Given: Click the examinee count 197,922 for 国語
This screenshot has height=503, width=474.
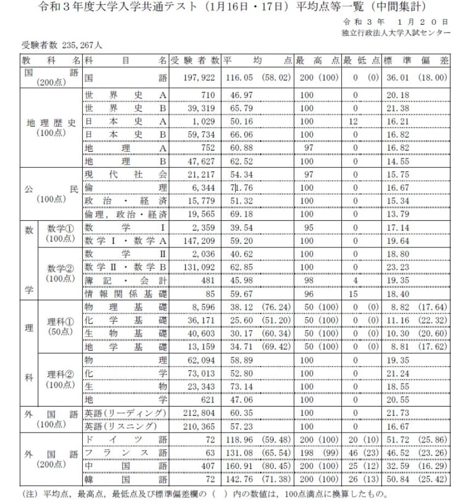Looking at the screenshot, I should [202, 78].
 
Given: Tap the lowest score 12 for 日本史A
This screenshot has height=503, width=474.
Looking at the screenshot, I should [355, 122].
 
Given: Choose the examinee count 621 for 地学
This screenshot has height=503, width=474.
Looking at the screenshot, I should [209, 399].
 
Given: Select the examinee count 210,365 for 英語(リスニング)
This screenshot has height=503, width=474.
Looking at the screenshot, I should [202, 426].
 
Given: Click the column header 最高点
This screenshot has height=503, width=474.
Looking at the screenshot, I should [317, 61].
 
